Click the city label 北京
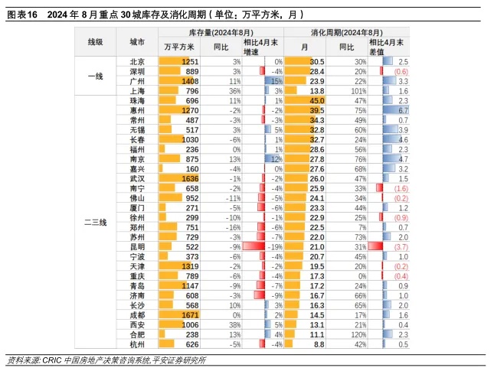point(137,61)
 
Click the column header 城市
point(137,43)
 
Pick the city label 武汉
point(137,178)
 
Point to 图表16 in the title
point(22,14)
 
